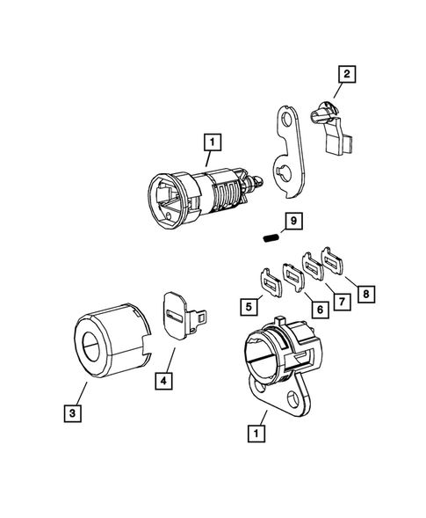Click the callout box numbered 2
348,76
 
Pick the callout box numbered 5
250,306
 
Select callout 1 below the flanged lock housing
256,433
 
